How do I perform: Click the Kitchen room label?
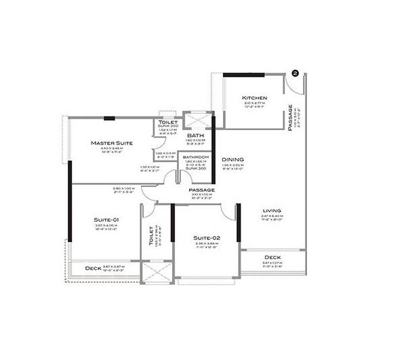point(254,98)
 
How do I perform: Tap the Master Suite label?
point(111,143)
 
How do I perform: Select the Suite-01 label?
point(106,220)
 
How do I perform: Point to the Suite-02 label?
point(205,238)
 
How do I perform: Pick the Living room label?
point(272,210)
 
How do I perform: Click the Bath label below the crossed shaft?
point(196,135)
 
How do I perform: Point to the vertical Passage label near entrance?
point(290,117)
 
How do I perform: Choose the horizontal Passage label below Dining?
point(202,190)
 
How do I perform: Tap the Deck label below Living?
point(272,258)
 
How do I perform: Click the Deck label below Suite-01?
point(94,268)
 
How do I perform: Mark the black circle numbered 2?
point(295,71)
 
